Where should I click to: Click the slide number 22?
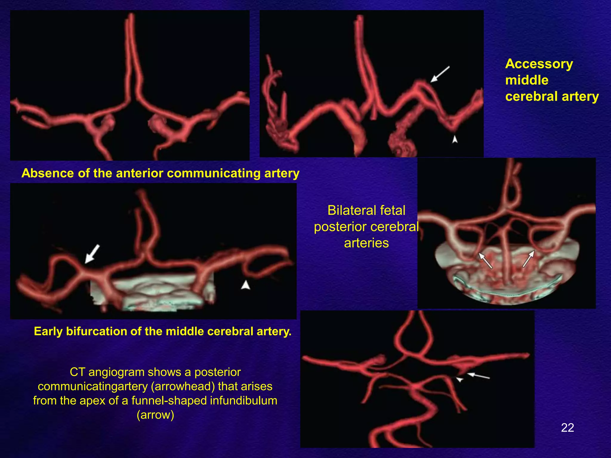coord(567,428)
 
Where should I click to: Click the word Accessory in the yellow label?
coord(539,64)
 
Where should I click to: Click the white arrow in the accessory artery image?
coord(440,74)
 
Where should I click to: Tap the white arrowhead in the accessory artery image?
coord(455,139)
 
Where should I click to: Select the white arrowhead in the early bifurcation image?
coord(246,285)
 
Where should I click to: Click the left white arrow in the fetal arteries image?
coord(485,260)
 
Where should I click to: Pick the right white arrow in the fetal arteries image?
coord(528,258)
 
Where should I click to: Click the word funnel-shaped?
coord(168,400)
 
